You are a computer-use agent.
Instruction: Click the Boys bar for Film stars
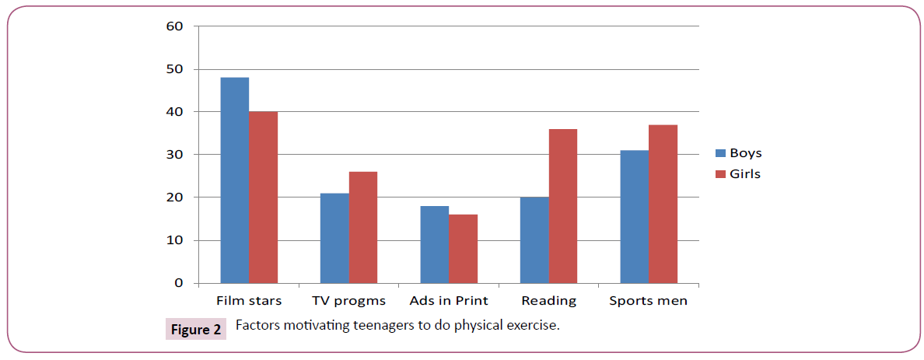coord(235,180)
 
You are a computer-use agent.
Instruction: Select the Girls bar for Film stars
coord(264,197)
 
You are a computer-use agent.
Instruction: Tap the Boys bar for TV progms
coord(334,238)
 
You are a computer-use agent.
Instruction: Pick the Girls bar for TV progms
coord(363,228)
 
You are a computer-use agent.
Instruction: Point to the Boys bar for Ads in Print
coord(434,245)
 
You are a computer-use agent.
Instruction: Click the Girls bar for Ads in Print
coord(463,249)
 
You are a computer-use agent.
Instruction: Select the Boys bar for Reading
coord(534,240)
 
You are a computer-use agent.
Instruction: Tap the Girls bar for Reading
coord(562,206)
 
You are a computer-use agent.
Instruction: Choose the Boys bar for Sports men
coord(634,217)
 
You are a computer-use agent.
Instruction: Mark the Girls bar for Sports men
coord(663,204)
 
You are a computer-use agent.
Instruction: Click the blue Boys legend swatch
coord(719,154)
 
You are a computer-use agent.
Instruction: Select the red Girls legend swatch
coord(719,174)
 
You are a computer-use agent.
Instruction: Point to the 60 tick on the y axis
coord(174,26)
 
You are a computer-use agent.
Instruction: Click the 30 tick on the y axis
coord(174,155)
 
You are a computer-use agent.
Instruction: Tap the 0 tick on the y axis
coord(178,284)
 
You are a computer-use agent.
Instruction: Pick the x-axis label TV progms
coord(349,301)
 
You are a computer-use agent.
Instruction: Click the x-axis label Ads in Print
coord(449,301)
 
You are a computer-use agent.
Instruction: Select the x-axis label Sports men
coord(648,301)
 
